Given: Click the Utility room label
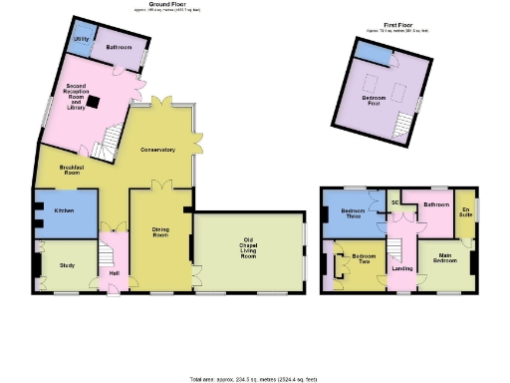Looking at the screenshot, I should click(82, 39).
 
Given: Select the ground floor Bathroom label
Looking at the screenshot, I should click(121, 46).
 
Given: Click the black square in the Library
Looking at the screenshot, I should click(92, 99).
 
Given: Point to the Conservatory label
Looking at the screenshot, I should click(157, 150).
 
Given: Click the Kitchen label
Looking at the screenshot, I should click(65, 211).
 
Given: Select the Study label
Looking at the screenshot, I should click(67, 264).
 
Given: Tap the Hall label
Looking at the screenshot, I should click(113, 273).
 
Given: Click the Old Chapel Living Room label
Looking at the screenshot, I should click(246, 248).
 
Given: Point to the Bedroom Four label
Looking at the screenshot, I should click(373, 97).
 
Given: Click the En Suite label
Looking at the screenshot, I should click(465, 213).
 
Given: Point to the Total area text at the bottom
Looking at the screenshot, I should click(254, 379).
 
